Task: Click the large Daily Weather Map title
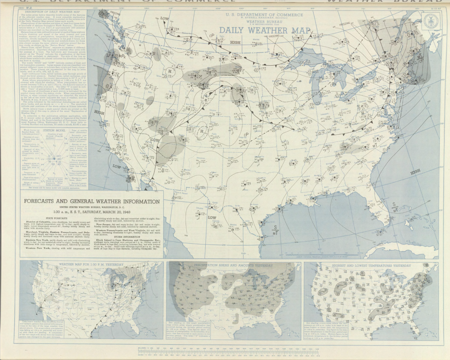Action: pos(265,30)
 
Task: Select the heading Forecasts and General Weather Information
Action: pos(91,201)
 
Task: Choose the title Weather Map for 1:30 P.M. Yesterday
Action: pos(91,264)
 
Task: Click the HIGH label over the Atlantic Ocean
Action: pos(415,172)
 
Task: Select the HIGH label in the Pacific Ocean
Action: pos(99,113)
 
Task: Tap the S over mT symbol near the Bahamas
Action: pos(394,207)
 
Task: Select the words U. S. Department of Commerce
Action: pos(264,15)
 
